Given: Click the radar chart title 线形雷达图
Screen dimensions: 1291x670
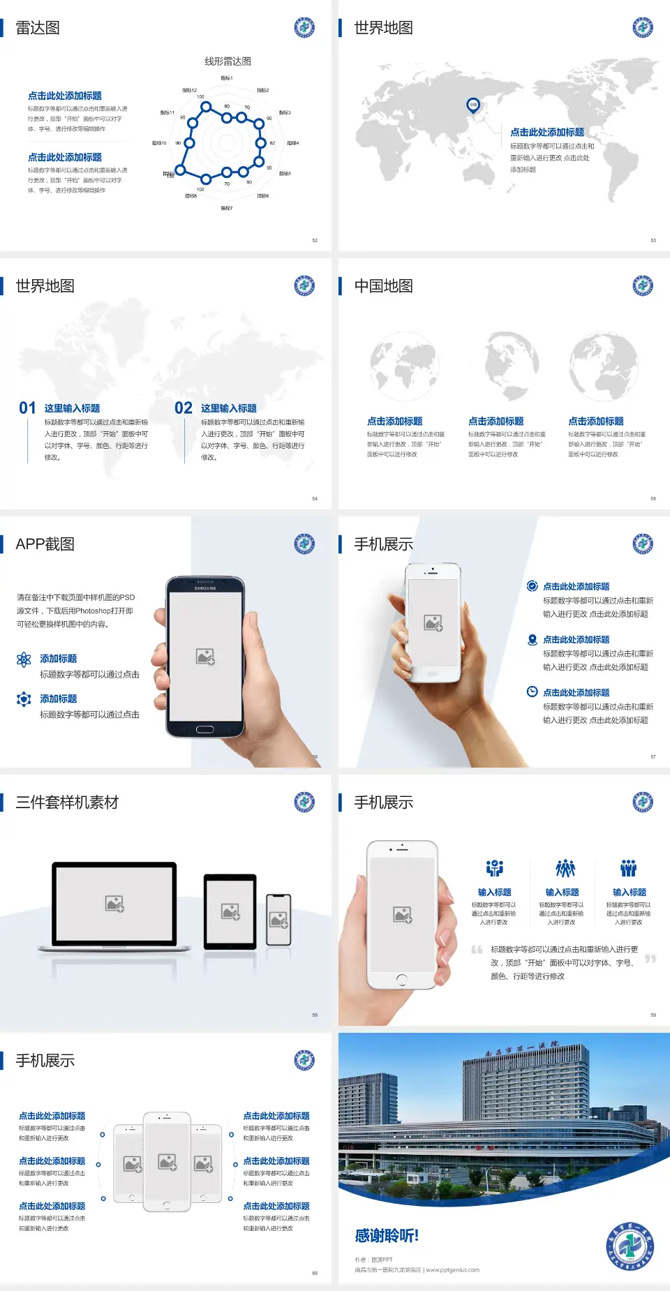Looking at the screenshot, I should point(228,61).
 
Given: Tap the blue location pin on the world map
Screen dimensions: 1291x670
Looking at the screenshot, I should point(472,105).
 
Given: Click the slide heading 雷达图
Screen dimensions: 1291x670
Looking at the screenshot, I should point(38,28).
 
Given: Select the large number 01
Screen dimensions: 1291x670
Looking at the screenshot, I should point(27,408).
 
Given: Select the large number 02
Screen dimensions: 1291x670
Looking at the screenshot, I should point(184,408).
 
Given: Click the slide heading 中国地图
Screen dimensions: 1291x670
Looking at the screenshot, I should point(383,286).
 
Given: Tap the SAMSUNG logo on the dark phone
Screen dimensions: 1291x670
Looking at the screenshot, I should point(205,588).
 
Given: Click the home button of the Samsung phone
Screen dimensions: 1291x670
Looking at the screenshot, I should point(204,729).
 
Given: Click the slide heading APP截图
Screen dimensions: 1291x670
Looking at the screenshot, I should point(45,544).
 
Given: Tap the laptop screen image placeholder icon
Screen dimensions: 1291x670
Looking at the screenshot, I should point(114,904).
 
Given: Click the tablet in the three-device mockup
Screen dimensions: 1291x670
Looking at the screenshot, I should point(230,911).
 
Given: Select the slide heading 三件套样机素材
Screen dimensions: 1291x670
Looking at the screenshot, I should point(67,803).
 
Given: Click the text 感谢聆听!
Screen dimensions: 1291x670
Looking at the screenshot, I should point(387,1236).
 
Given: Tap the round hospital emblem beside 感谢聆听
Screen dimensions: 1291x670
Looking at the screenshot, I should point(630,1246).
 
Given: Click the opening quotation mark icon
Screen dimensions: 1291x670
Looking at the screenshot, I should point(477,950).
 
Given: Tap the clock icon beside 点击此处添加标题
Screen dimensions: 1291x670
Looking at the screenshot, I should point(532,692).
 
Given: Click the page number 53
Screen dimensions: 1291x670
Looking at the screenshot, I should point(653,240).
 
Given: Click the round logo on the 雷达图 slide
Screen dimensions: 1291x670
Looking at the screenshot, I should point(304,28).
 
